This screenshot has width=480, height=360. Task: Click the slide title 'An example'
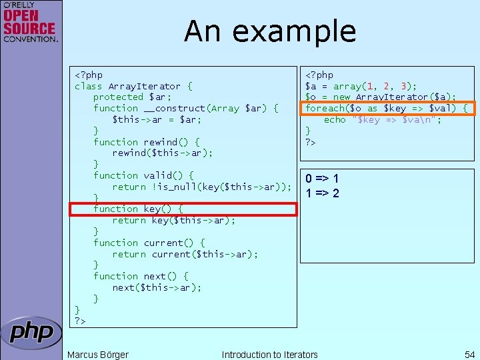coord(270,31)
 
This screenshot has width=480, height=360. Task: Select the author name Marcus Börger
coord(98,355)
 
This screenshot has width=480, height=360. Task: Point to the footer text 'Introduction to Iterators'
coord(269,355)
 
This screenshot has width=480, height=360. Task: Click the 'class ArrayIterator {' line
coord(133,86)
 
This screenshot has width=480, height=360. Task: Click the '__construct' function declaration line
coord(185,108)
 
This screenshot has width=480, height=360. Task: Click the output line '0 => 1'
coord(322,179)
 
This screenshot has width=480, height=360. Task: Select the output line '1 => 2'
coord(322,193)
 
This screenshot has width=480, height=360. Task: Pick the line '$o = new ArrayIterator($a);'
coord(381,97)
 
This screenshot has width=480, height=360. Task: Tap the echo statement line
coord(383,120)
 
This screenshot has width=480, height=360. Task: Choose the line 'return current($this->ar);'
coord(185,254)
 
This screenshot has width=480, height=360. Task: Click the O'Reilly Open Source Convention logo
coord(30,23)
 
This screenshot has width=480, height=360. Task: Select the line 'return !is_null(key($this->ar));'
coord(202,187)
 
